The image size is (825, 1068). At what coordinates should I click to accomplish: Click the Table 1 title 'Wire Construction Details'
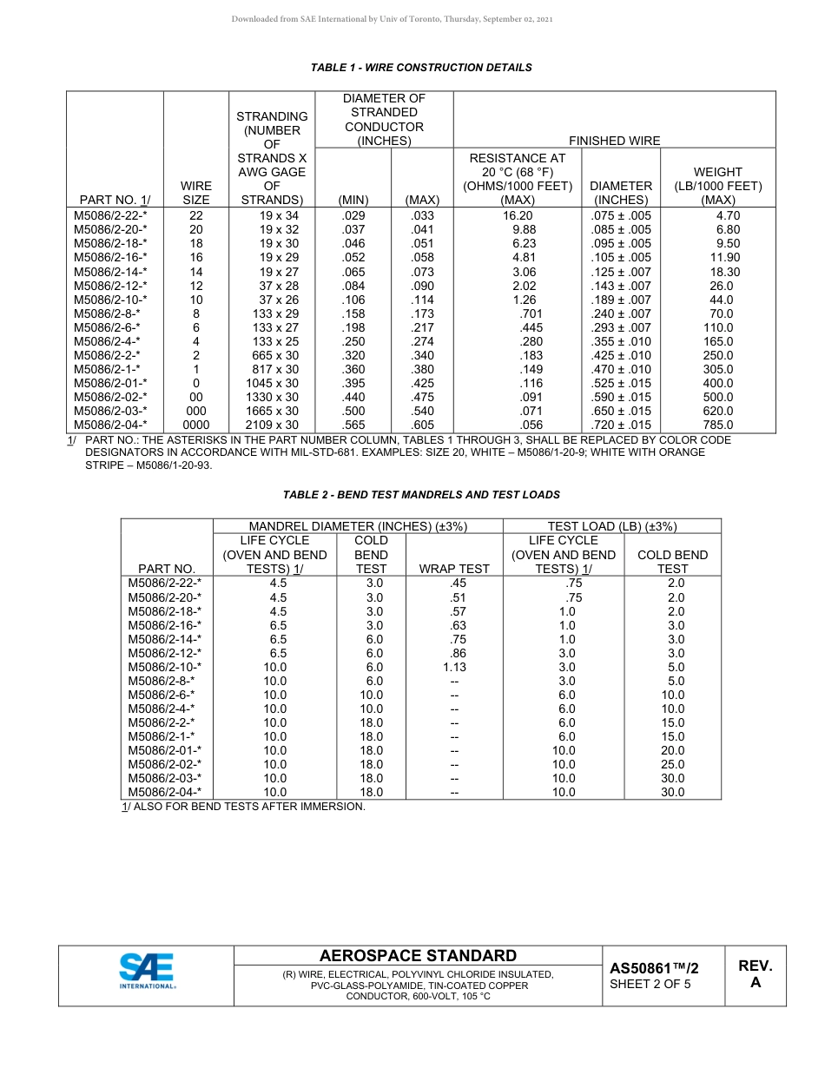tap(421, 68)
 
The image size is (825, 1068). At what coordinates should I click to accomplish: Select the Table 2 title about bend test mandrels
tap(421, 495)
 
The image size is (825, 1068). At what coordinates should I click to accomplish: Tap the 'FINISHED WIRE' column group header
tap(614, 141)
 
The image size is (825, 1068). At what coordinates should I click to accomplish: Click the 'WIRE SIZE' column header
tap(196, 193)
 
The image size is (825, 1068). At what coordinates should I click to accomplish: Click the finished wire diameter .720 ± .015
tap(620, 425)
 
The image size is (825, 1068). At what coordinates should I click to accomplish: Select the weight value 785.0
tap(718, 425)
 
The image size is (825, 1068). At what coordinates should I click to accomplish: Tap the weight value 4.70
tap(728, 216)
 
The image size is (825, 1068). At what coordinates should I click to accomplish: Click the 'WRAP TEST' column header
tap(454, 569)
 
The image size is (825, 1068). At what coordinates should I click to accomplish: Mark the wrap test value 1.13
tap(454, 667)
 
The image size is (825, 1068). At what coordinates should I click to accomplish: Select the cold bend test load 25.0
tap(672, 764)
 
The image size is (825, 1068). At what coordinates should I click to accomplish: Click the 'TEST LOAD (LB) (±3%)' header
tap(611, 526)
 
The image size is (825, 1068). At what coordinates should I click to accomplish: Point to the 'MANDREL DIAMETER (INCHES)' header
tap(358, 526)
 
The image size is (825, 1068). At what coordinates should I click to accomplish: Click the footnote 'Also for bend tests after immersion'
tap(243, 807)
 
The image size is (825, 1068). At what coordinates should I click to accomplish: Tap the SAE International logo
tap(148, 971)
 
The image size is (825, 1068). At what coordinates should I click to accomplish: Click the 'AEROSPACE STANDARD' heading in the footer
tap(418, 956)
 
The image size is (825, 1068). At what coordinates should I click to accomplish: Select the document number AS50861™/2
tap(654, 968)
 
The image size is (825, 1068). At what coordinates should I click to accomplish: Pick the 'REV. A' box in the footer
tap(755, 974)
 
